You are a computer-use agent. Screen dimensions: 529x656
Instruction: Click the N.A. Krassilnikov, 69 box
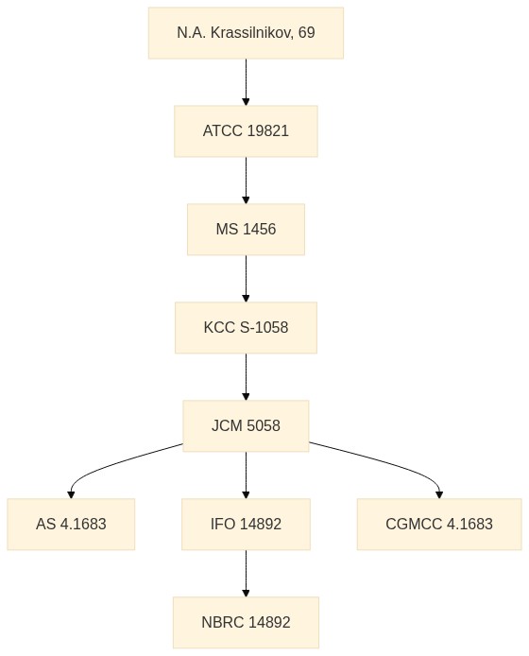pyautogui.click(x=246, y=33)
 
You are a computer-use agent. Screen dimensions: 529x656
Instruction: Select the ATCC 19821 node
pyautogui.click(x=246, y=131)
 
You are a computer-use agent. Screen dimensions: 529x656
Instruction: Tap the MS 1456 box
pyautogui.click(x=246, y=230)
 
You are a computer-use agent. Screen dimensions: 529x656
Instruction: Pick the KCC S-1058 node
pyautogui.click(x=246, y=328)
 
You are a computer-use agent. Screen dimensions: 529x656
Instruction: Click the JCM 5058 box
pyautogui.click(x=246, y=426)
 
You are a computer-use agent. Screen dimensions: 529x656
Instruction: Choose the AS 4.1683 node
pyautogui.click(x=71, y=525)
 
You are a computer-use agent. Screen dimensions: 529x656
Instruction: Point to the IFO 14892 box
pyautogui.click(x=246, y=525)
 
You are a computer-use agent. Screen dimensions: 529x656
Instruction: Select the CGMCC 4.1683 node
pyautogui.click(x=439, y=525)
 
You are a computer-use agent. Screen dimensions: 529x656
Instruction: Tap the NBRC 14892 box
pyautogui.click(x=246, y=623)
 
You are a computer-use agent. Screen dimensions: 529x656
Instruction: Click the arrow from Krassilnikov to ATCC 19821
pyautogui.click(x=246, y=82)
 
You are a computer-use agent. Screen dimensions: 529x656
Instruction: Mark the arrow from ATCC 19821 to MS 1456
pyautogui.click(x=246, y=181)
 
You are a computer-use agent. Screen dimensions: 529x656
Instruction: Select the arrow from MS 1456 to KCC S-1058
pyautogui.click(x=246, y=279)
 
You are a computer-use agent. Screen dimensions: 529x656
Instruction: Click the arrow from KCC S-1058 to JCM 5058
pyautogui.click(x=246, y=377)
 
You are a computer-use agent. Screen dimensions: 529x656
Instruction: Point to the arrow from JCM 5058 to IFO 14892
pyautogui.click(x=246, y=475)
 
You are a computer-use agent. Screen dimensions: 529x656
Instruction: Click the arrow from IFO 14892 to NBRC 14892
pyautogui.click(x=246, y=574)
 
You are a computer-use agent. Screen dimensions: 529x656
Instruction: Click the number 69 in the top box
pyautogui.click(x=306, y=33)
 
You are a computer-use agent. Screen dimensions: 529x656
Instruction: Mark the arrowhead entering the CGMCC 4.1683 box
pyautogui.click(x=439, y=495)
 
